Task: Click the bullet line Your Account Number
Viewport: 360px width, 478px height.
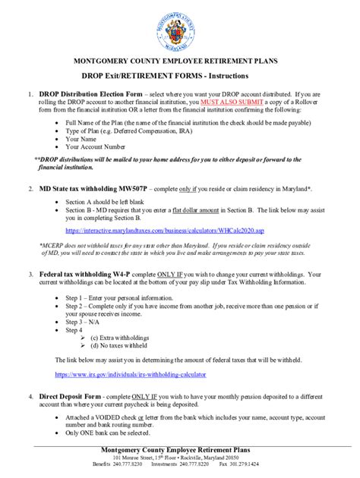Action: [x=97, y=146]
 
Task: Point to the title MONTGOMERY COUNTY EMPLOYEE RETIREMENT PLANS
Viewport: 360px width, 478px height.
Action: [x=180, y=59]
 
